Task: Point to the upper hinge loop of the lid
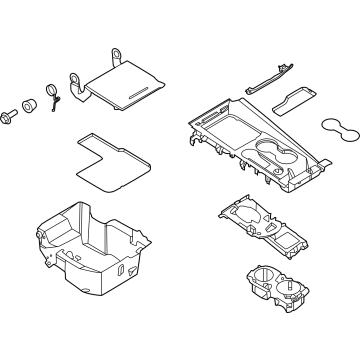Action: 117,55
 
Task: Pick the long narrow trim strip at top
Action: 272,79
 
